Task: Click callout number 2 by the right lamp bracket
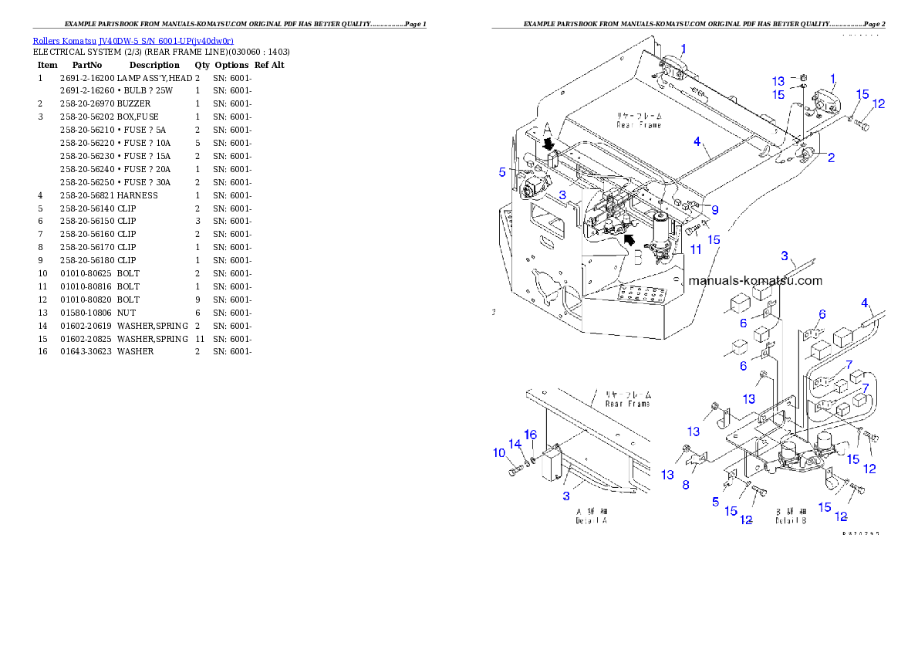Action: [x=831, y=158]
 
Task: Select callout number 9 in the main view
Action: [x=715, y=209]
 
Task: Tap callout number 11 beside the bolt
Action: [x=696, y=249]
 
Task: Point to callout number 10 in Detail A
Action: [x=499, y=452]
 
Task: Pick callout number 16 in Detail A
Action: [x=531, y=435]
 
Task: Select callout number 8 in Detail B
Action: [x=685, y=485]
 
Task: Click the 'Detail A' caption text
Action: [x=592, y=516]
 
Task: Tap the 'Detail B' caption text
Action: [x=792, y=516]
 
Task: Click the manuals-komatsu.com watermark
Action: [x=754, y=281]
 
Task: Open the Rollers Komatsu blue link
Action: [x=133, y=40]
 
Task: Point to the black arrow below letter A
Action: [x=548, y=144]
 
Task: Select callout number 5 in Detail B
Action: [x=715, y=501]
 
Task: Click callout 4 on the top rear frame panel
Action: [x=697, y=142]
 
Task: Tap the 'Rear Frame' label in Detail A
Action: [x=627, y=399]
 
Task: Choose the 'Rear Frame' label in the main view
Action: [x=639, y=120]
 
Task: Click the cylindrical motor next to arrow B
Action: [x=662, y=230]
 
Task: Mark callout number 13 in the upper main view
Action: [x=778, y=81]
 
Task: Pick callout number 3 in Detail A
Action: [x=566, y=496]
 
